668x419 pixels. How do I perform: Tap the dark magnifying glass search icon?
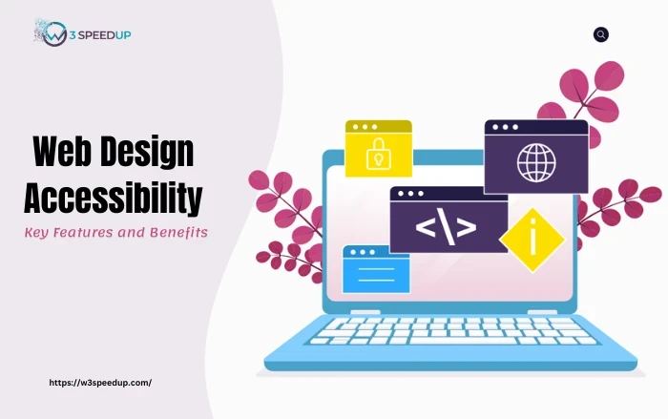pos(600,34)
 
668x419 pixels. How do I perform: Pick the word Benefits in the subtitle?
pos(177,233)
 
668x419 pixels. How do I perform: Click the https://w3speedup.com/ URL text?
pos(100,382)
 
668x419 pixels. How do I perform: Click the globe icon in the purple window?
pos(535,161)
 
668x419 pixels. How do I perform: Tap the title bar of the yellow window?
pos(378,127)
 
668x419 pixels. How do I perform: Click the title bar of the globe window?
pos(535,127)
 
